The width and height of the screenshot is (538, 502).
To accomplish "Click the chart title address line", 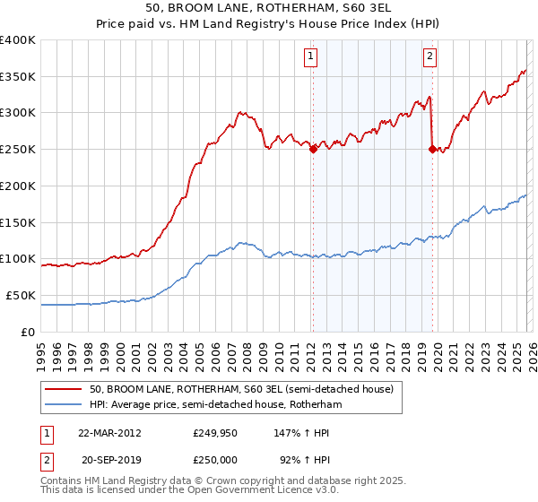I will (268, 8).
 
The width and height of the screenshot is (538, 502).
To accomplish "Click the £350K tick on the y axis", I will (18, 77).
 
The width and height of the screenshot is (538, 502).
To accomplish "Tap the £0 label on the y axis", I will (30, 332).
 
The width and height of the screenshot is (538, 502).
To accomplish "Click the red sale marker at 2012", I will (313, 150).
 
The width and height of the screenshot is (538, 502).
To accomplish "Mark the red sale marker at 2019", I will (432, 150).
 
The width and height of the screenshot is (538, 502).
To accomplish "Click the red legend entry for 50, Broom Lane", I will (240, 389).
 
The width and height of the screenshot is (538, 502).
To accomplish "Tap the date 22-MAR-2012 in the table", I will (109, 432).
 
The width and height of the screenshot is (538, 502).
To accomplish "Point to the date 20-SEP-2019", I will (109, 458).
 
